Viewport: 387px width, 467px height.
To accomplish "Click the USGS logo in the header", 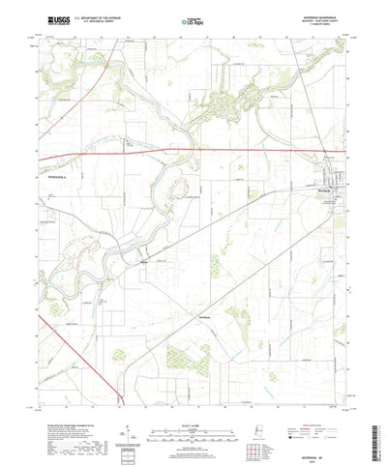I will [45, 18].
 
